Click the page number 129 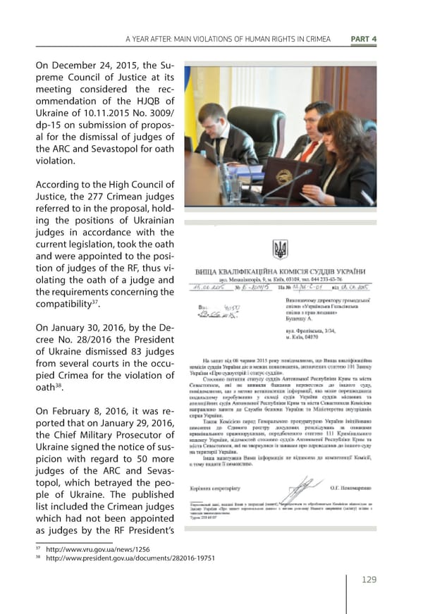pos(366,579)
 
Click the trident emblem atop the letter pos(280,250)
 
